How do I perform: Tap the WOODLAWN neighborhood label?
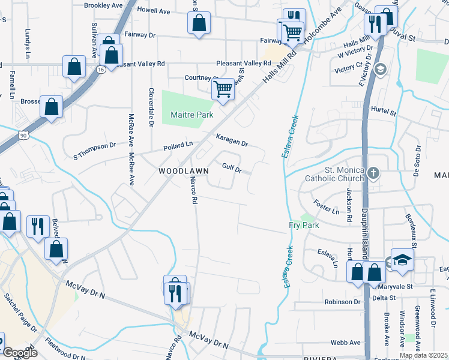pos(184,171)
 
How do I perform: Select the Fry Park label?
pos(303,225)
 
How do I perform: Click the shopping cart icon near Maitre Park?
pos(223,89)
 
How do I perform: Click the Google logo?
pos(20,353)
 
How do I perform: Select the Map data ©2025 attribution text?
pos(423,355)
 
